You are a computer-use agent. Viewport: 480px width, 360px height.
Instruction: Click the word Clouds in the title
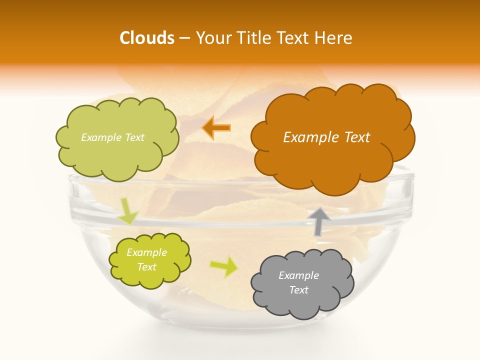pos(147,38)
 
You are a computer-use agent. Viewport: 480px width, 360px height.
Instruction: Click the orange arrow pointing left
pos(216,127)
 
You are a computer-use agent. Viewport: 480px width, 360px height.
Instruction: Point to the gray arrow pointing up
pos(319,221)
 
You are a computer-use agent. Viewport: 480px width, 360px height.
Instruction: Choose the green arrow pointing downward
pos(127,211)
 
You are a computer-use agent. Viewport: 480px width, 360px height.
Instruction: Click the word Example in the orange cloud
pos(310,137)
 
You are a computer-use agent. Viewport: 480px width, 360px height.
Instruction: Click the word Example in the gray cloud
pos(298,275)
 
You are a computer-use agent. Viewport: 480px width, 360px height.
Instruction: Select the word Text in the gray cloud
pos(298,290)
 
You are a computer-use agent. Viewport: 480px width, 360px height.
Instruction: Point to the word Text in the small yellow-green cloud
pos(146,267)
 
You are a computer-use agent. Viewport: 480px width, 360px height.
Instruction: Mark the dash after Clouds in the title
pos(184,38)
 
